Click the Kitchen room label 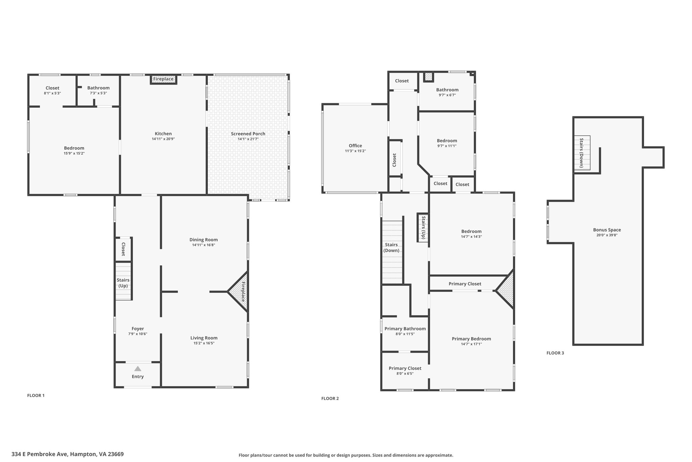click(163, 134)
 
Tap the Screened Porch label click(248, 134)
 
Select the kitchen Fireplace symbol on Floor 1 click(163, 79)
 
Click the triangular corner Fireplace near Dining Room click(239, 291)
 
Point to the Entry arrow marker click(138, 369)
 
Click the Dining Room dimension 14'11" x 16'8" click(204, 245)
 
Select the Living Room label click(204, 338)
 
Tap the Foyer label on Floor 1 click(138, 329)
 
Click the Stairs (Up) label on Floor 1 click(123, 283)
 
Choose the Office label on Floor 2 click(355, 146)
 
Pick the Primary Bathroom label click(405, 329)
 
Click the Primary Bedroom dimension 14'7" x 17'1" click(471, 344)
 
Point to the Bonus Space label click(607, 230)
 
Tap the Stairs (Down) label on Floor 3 click(582, 153)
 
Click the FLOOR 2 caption click(330, 398)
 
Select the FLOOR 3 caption click(555, 353)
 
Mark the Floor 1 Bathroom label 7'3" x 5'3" click(98, 90)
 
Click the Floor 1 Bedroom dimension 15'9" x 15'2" click(74, 153)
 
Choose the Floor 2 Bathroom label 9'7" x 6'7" click(447, 92)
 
